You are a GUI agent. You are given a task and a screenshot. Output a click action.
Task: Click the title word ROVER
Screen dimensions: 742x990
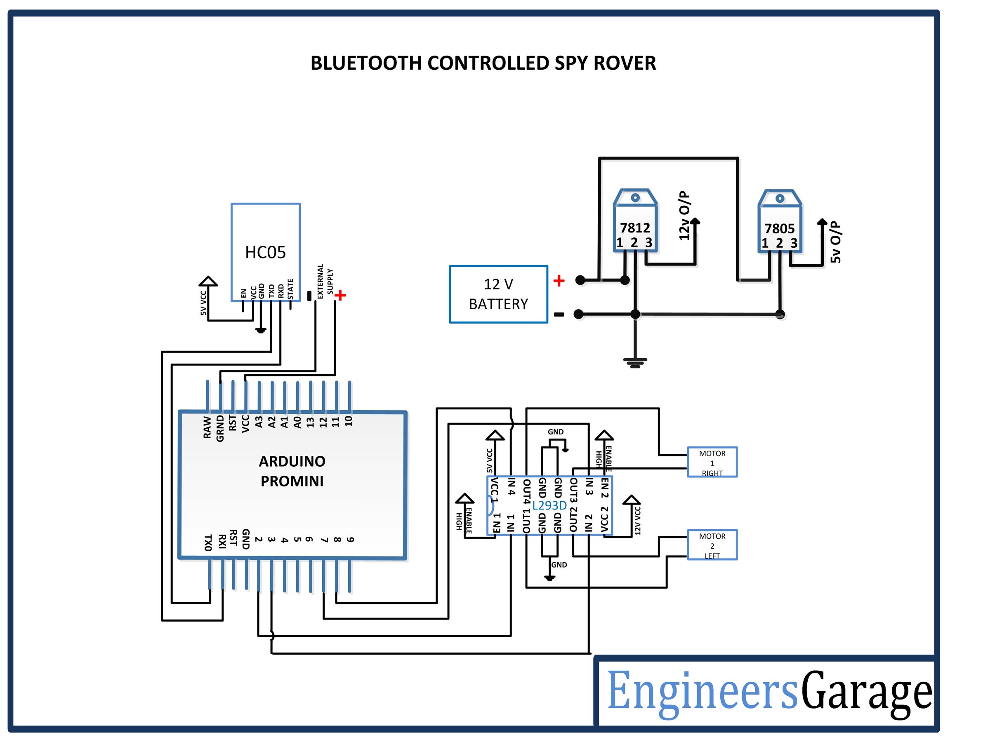(x=625, y=63)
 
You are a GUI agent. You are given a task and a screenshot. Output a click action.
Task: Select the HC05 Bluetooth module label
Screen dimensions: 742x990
(x=265, y=252)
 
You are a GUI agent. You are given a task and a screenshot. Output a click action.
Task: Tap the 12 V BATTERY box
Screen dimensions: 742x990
(x=498, y=294)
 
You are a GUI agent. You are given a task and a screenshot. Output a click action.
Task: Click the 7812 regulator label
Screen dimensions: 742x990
(x=635, y=228)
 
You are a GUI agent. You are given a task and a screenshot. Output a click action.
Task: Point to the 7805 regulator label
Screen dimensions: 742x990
(x=779, y=228)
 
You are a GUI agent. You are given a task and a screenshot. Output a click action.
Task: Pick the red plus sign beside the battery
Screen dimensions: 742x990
(x=559, y=281)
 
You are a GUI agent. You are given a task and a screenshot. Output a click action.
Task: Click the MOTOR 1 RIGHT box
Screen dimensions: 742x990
(x=712, y=463)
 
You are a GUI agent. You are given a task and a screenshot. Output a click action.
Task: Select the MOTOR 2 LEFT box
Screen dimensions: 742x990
(x=712, y=545)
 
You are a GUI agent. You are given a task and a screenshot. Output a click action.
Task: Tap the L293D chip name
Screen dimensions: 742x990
(x=549, y=505)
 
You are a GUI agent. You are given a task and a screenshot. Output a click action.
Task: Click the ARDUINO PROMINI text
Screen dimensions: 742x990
(x=292, y=471)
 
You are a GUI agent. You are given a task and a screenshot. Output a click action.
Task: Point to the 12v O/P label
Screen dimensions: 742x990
(x=684, y=216)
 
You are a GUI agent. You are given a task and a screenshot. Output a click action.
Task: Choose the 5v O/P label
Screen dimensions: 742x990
(x=835, y=242)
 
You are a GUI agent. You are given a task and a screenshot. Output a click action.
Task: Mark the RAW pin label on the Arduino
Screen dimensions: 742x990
(x=207, y=427)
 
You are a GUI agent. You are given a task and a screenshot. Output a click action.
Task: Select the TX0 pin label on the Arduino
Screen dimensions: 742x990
(x=207, y=542)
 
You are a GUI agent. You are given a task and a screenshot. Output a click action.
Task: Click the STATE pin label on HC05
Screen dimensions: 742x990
(x=290, y=289)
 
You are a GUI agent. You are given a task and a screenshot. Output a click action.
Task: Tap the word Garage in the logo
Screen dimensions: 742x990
(x=867, y=691)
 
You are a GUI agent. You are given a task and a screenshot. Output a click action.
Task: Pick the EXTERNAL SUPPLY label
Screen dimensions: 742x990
(x=325, y=281)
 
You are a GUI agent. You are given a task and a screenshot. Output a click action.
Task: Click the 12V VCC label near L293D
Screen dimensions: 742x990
(x=638, y=521)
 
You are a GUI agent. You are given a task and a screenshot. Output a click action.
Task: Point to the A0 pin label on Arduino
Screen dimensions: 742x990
(x=297, y=422)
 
